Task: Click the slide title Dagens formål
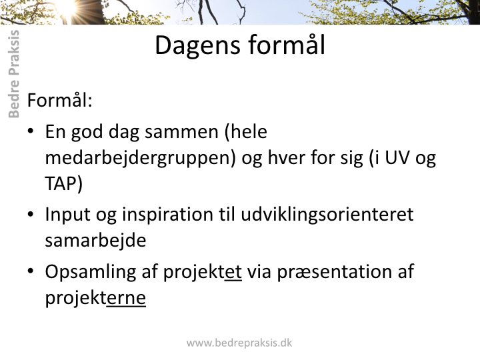coord(240,45)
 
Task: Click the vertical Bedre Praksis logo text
coord(14,74)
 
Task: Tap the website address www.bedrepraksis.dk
coord(239,343)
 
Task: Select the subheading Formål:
coord(60,100)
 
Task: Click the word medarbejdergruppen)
coord(141,158)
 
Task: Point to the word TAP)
coord(64,184)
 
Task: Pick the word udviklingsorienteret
coord(327,214)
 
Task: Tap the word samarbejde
coord(95,240)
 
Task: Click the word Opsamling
coord(91,272)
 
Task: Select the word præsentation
coord(331,272)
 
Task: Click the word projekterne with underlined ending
coord(95,297)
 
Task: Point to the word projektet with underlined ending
coord(203,272)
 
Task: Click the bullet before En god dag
coord(30,131)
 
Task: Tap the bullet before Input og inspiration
coord(30,214)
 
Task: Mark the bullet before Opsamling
coord(30,271)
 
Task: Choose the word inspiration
coord(167,215)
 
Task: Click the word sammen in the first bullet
coord(181,133)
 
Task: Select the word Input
coord(67,215)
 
